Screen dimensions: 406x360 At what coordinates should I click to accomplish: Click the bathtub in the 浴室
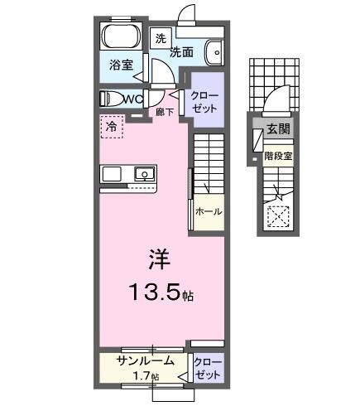pos(122,38)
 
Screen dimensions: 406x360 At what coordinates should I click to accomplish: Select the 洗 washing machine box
pos(161,38)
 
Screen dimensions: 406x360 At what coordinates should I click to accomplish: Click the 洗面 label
pos(183,51)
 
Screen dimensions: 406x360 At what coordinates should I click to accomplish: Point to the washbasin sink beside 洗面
pos(214,51)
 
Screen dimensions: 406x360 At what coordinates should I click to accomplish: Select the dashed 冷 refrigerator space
pos(111,128)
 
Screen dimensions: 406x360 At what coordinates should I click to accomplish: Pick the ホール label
pos(208,211)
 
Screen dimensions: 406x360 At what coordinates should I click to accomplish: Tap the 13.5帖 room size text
pos(160,292)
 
